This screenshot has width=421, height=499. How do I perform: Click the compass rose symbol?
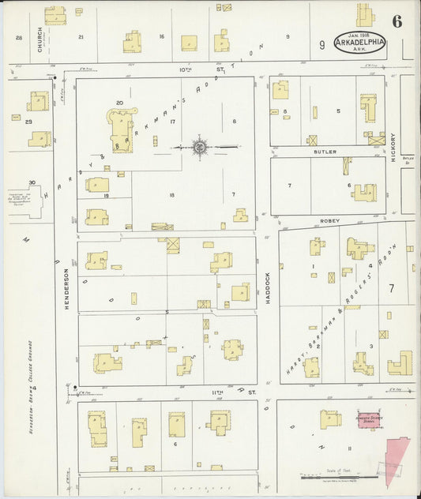pos(200,146)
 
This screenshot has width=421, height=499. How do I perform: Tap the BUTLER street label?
pos(324,151)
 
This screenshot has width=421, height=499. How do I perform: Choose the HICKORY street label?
pos(393,147)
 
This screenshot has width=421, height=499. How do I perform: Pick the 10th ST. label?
pos(186,69)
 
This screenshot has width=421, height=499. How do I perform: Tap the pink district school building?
pos(367,420)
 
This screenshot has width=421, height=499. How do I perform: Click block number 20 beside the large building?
pos(119,103)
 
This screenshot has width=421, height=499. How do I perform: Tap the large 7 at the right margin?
pos(391,288)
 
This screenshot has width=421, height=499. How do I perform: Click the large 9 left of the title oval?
pos(321,45)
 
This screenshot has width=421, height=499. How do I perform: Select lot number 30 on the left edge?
pos(32,182)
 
